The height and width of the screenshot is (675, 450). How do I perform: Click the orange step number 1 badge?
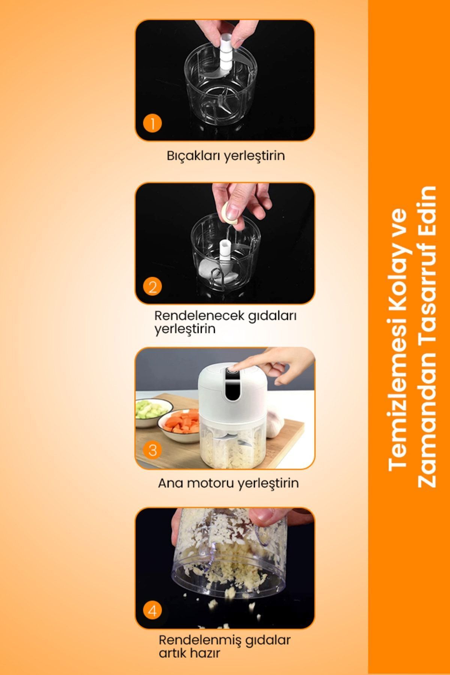point(152,123)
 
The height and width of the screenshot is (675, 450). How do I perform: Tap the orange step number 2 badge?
point(152,287)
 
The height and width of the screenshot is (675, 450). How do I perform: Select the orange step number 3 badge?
point(152,450)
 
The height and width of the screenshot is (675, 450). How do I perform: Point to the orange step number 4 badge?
point(152,611)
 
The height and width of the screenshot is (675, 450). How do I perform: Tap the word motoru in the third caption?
point(208,483)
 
